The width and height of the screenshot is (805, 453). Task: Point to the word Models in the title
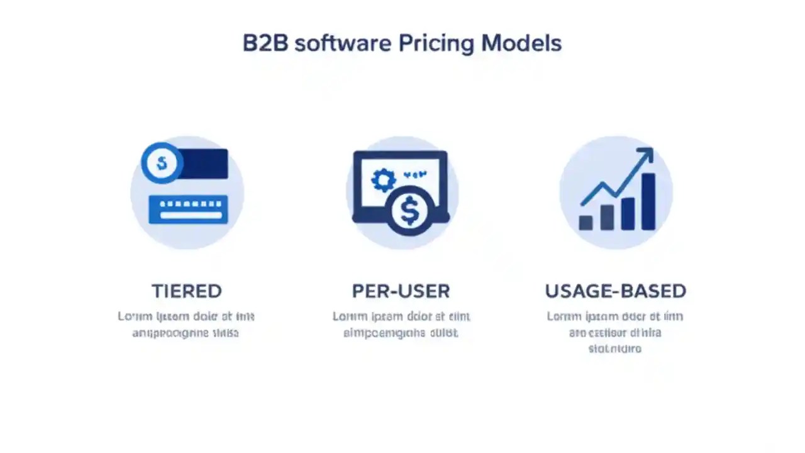point(521,43)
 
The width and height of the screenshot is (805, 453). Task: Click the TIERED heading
point(187,291)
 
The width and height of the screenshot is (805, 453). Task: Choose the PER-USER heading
point(401,291)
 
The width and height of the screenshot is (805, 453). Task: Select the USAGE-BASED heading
point(615,291)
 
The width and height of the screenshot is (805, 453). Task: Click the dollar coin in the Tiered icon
point(162,163)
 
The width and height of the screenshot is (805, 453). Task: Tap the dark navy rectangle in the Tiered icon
point(204,164)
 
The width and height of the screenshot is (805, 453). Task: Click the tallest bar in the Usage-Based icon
point(648,201)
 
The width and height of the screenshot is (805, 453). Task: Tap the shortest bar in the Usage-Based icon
point(586,223)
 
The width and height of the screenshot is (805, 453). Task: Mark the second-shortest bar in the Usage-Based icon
point(607,217)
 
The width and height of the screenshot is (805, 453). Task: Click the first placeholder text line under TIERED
point(186,316)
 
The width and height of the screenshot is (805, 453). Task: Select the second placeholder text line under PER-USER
point(401,333)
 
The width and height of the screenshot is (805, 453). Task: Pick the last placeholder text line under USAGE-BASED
point(615,348)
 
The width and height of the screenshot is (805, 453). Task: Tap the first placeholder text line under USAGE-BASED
point(615,316)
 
